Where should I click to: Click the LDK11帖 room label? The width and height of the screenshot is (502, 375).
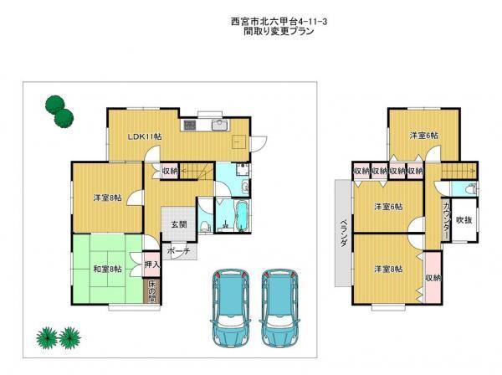[x=145, y=136]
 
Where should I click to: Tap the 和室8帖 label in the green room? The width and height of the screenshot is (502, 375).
[x=107, y=269]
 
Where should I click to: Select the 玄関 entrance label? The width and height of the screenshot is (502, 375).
[x=178, y=224]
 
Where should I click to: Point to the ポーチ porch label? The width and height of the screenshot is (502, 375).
[x=178, y=251]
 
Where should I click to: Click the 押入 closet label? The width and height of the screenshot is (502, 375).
[x=151, y=265]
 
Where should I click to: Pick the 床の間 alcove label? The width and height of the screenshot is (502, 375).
[x=151, y=292]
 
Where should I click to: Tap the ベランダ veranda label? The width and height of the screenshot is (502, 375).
[x=344, y=234]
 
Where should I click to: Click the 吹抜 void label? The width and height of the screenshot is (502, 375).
[x=464, y=220]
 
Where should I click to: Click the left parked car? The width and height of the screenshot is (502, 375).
[x=229, y=308]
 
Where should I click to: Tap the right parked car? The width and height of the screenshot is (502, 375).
[x=279, y=308]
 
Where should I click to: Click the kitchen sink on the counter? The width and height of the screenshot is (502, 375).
[x=220, y=125]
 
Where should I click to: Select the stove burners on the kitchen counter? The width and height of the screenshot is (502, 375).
[x=188, y=125]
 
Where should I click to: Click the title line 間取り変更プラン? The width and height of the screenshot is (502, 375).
[x=279, y=31]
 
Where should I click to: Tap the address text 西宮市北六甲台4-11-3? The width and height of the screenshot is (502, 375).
[x=279, y=22]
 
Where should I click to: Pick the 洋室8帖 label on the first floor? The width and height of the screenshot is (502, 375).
[x=108, y=198]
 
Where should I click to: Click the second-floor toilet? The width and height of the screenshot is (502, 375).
[x=472, y=188]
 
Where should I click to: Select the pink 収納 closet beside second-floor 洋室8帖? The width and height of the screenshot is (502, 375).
[x=433, y=278]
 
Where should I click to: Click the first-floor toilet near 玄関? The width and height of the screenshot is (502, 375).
[x=205, y=226]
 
